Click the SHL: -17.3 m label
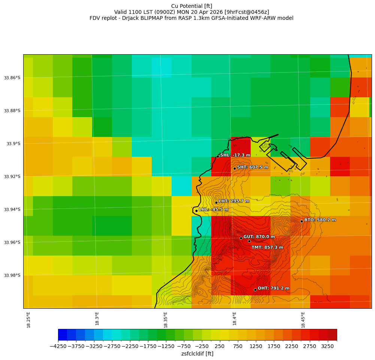coord(235,155)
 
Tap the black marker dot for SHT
coord(235,168)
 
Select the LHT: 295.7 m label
coord(234,201)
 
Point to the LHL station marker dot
coord(196,211)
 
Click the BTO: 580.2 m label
coord(320,220)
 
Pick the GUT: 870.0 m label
coord(259,237)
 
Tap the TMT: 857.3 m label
coord(267,247)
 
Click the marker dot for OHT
coord(255,290)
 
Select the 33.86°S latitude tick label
coord(12,78)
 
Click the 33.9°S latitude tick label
coord(13,144)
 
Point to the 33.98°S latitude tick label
coord(12,275)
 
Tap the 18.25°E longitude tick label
coord(29,320)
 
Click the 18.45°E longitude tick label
coord(303,320)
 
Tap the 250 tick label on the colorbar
coord(220,347)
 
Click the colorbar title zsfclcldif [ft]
coord(197,354)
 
